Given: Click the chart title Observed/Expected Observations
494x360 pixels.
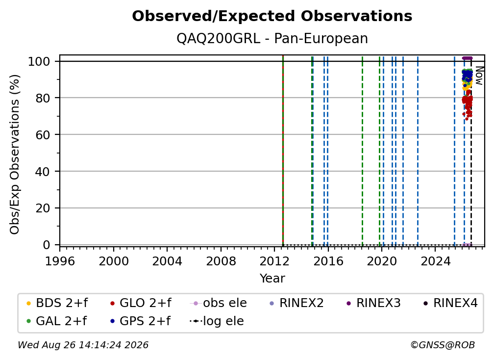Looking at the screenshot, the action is click(x=272, y=16).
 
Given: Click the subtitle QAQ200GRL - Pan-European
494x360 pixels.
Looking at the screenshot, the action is click(x=272, y=39).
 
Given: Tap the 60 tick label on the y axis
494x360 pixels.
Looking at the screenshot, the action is click(x=43, y=134).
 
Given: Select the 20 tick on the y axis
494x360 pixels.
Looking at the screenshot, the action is click(x=43, y=208).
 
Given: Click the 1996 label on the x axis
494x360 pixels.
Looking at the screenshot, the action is click(x=60, y=261).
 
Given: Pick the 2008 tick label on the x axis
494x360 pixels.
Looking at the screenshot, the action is click(x=221, y=261).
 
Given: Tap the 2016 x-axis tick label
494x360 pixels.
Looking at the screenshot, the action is click(x=328, y=261).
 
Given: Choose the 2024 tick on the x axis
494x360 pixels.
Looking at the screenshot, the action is click(x=435, y=261).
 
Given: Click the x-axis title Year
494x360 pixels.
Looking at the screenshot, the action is click(x=272, y=279).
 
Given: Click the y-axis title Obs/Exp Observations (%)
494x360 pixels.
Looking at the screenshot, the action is click(x=15, y=154).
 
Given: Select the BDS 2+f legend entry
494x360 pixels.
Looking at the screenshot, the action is click(x=57, y=303).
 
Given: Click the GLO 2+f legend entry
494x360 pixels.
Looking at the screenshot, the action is click(x=141, y=303).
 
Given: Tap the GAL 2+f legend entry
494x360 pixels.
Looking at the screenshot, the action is click(x=56, y=321).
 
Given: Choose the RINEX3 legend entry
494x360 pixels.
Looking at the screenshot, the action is click(x=373, y=303).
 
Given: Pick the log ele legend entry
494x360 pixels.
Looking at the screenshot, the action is click(x=217, y=321).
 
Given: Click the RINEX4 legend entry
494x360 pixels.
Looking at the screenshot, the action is click(x=450, y=303).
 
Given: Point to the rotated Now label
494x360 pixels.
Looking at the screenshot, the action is click(x=479, y=76).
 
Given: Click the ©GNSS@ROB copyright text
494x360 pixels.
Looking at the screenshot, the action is click(x=443, y=345).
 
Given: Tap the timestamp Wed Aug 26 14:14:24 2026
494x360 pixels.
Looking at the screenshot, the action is click(x=83, y=345).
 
